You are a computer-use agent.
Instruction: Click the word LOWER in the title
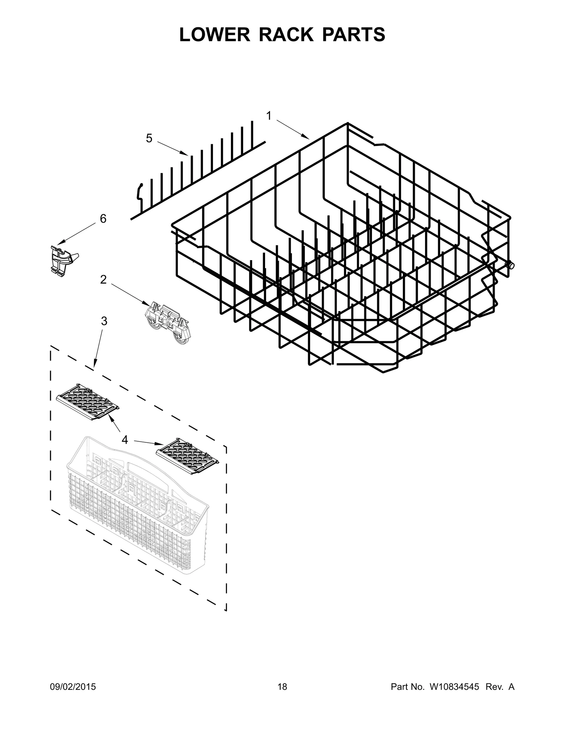click(210, 35)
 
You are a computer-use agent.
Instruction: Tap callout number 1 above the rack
click(269, 116)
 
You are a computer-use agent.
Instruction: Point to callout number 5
click(149, 139)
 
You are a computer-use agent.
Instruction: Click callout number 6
click(103, 219)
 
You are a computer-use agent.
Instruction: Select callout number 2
click(103, 280)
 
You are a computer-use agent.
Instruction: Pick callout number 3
click(104, 321)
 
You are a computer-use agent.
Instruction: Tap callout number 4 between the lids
click(125, 440)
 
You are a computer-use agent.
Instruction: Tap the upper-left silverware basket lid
click(87, 402)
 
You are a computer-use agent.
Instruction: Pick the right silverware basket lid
click(187, 456)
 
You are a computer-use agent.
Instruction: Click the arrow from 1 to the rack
click(293, 129)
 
